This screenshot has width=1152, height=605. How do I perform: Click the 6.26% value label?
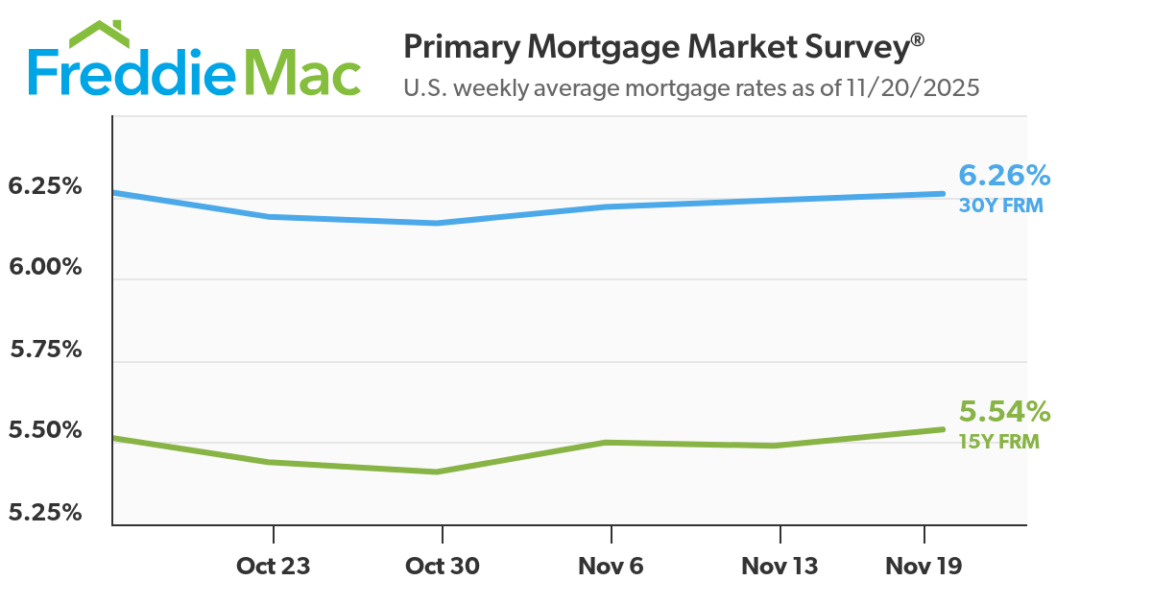pos(1004,176)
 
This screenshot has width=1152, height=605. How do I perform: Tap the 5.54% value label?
pos(1004,412)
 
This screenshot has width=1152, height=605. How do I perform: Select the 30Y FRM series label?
pos(1000,206)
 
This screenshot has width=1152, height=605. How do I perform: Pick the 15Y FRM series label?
pos(998,442)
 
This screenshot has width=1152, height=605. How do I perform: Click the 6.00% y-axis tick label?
pos(45,267)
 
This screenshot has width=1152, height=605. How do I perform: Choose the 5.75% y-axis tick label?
pos(45,350)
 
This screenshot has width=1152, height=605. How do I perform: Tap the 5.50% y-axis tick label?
pos(45,431)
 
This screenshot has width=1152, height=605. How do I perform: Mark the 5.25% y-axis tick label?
pos(45,513)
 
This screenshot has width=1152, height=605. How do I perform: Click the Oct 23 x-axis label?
pos(273,567)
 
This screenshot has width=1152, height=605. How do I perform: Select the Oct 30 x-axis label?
pos(442,567)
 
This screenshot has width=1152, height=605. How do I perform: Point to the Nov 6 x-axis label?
pos(611,567)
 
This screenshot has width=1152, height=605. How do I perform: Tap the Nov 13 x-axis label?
pos(780,567)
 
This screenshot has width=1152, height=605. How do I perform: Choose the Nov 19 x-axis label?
pos(923,567)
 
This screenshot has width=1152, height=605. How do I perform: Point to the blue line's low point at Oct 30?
pos(438,223)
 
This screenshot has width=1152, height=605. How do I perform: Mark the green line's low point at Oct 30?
pos(438,472)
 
